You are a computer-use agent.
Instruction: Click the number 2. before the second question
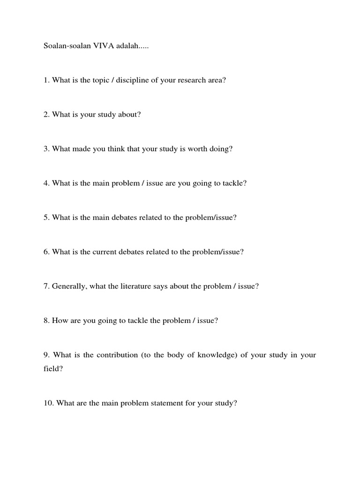point(46,114)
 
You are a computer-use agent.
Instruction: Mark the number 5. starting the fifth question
point(46,217)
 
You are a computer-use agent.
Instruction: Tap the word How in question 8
point(60,321)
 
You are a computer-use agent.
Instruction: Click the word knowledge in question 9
point(216,355)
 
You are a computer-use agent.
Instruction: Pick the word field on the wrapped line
point(52,369)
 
